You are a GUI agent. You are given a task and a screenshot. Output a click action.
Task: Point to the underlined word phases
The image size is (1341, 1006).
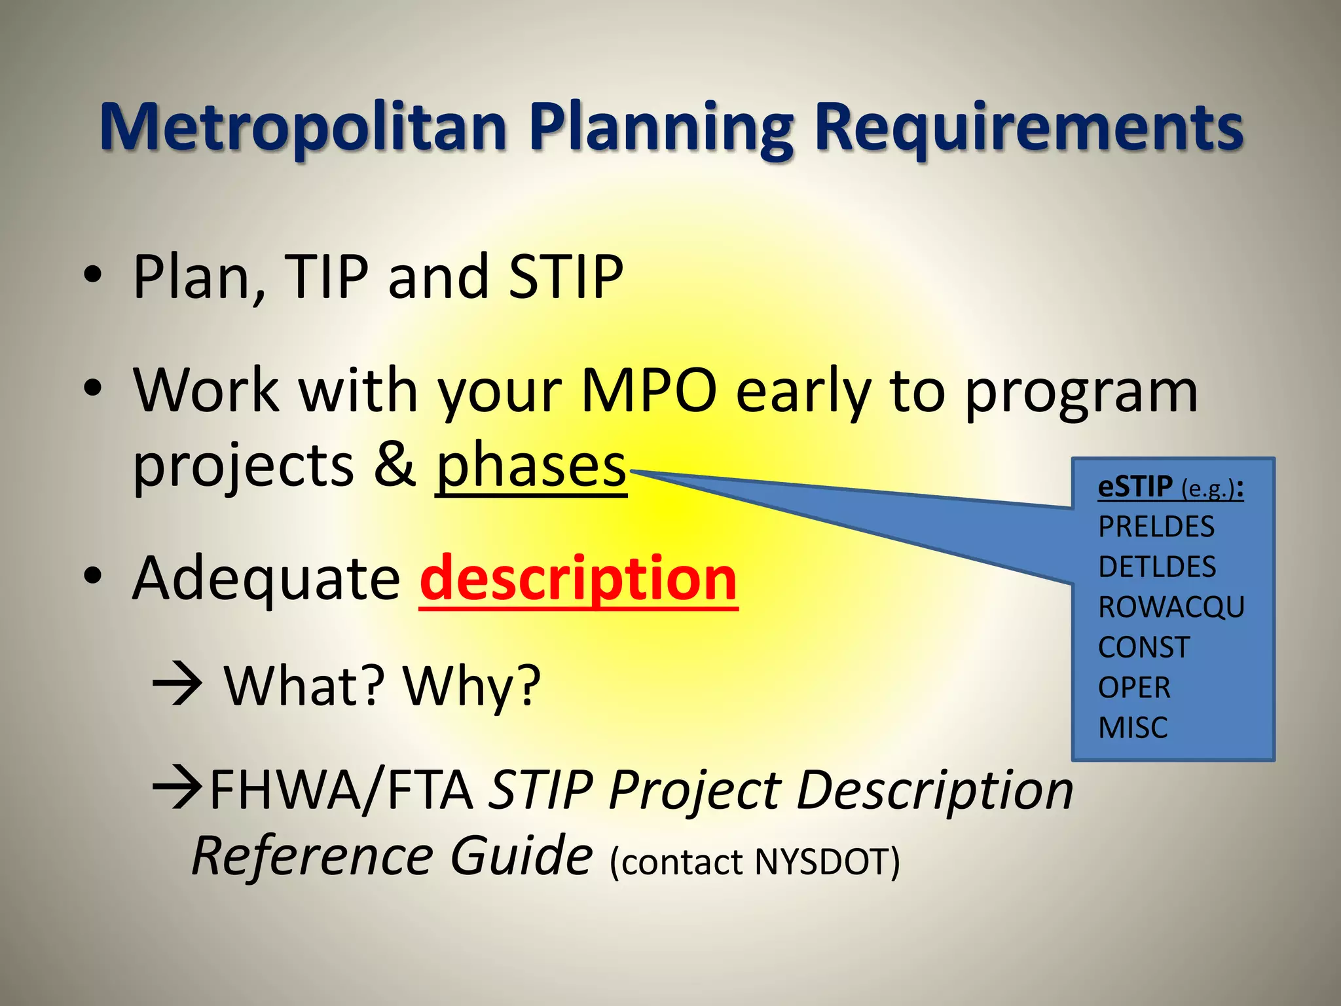pos(531,466)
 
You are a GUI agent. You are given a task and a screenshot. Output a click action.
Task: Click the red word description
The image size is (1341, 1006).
pos(579,579)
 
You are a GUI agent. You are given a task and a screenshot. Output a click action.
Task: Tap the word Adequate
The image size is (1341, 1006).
pos(266,579)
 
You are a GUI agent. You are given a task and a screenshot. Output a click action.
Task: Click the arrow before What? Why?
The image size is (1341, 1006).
pos(177,686)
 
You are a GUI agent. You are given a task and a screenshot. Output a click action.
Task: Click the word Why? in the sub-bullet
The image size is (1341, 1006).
pos(471,686)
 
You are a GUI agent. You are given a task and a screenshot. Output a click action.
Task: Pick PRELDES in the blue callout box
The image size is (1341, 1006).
pos(1156,527)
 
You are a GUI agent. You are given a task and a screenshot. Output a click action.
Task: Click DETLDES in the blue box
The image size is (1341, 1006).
pos(1156,567)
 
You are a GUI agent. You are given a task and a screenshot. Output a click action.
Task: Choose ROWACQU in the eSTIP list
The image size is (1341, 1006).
pos(1171,607)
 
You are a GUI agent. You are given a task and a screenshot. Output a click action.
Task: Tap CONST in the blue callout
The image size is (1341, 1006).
pos(1143,648)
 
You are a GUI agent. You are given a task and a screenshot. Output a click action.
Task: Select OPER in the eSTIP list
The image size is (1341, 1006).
pos(1133,688)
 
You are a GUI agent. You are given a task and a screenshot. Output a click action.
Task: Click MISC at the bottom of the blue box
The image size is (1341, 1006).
pos(1132,728)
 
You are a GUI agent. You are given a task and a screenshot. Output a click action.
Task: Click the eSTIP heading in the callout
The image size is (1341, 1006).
pos(1135,487)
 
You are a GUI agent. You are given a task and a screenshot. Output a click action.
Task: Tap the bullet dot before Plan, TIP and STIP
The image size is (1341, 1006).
pos(93,275)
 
